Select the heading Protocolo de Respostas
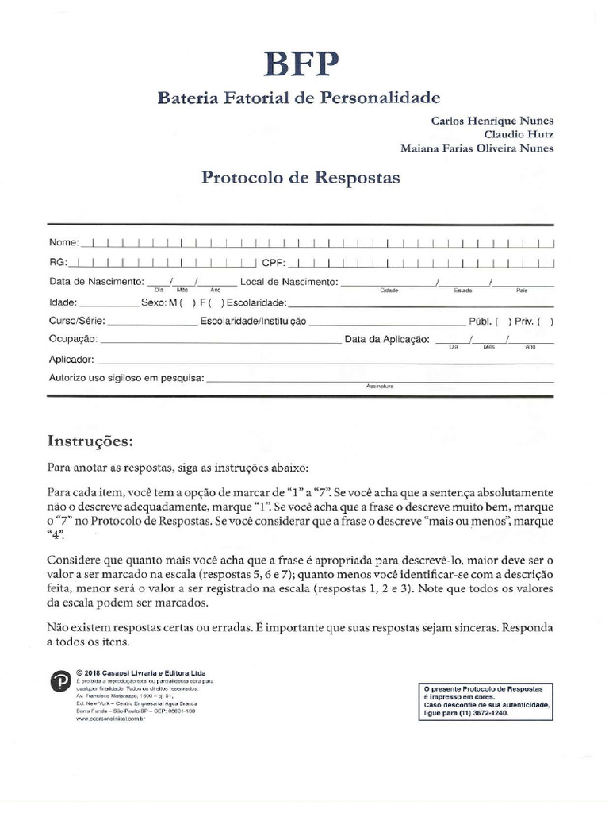(301, 178)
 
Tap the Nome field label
(64, 241)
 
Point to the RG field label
(58, 261)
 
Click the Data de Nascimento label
(96, 282)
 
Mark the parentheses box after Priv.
(546, 322)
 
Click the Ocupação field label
(73, 340)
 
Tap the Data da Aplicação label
(387, 340)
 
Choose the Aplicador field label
(71, 359)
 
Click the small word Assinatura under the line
(380, 386)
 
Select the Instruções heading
(90, 440)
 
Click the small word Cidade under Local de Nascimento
(389, 291)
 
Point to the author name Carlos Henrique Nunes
(492, 121)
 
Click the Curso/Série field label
(76, 322)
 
